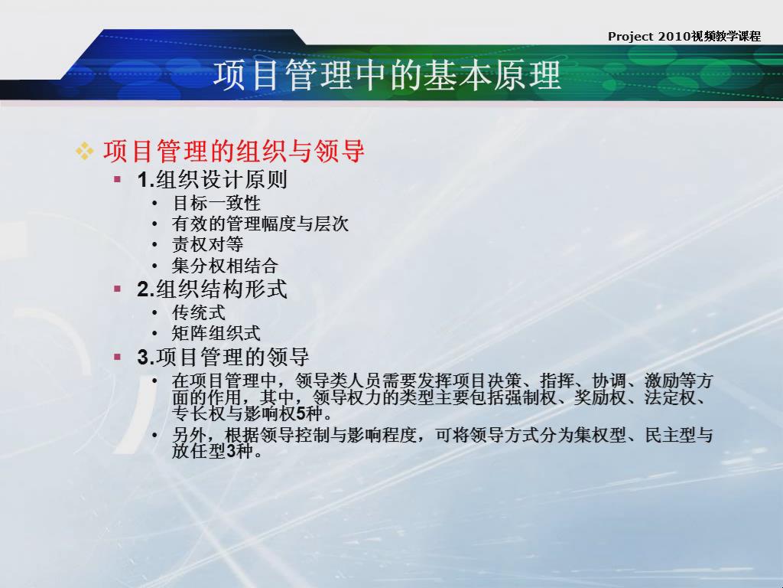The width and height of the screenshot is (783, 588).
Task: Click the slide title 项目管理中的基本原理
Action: (388, 76)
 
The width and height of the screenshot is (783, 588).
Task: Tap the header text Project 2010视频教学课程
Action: (684, 37)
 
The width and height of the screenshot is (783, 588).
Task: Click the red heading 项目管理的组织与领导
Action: (234, 151)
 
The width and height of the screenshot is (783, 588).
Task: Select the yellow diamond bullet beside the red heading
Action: (84, 151)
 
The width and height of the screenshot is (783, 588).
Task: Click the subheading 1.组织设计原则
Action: (213, 180)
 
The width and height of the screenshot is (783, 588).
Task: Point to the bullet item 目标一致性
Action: (216, 203)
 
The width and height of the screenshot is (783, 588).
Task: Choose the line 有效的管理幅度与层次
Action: (260, 224)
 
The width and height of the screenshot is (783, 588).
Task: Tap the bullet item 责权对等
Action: (208, 244)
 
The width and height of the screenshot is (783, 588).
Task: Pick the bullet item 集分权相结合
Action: (226, 265)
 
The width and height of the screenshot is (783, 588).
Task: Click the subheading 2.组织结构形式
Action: (213, 289)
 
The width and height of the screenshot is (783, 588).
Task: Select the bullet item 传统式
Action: (199, 312)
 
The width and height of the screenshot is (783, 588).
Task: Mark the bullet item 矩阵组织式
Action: (216, 333)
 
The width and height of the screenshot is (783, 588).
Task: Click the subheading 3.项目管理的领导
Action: (223, 357)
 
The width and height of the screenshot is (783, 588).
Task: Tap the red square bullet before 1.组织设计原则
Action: (117, 179)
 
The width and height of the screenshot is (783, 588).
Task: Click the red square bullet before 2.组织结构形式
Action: (117, 289)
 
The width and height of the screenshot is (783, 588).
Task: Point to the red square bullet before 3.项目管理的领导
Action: (117, 357)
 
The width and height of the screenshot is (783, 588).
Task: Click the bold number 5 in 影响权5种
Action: (301, 414)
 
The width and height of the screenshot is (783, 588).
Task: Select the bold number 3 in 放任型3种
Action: (231, 452)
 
